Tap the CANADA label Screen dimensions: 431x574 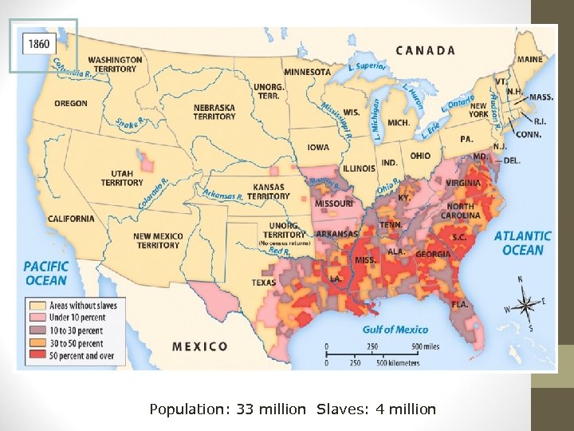(426, 50)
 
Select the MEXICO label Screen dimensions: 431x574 (200, 346)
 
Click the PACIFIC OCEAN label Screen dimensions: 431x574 (45, 273)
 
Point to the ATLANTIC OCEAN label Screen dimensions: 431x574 (522, 243)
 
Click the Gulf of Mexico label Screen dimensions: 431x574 (395, 329)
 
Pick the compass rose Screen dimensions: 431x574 (525, 303)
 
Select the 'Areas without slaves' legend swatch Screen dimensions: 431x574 (37, 306)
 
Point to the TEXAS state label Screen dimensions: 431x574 (264, 283)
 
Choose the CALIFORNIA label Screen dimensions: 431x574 (71, 219)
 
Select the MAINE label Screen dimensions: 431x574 (529, 59)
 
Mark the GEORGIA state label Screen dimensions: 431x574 (432, 254)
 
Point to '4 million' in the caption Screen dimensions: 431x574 (406, 409)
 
